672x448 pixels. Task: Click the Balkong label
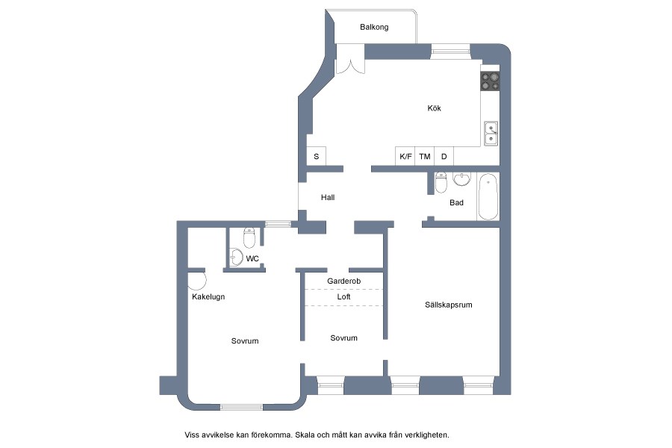click(x=374, y=27)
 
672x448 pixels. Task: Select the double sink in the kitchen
click(x=491, y=134)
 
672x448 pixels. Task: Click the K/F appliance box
click(x=405, y=157)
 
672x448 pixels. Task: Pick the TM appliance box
click(x=425, y=157)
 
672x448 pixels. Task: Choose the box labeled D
click(x=444, y=157)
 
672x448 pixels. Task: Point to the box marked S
click(x=317, y=157)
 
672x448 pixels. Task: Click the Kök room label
click(x=434, y=108)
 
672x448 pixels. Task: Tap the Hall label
click(x=328, y=197)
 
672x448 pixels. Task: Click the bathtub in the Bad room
click(x=488, y=197)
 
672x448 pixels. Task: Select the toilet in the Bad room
click(x=441, y=183)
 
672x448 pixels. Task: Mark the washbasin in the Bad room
click(x=461, y=179)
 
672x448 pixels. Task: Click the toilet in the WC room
click(x=249, y=238)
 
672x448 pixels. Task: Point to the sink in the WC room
click(x=237, y=257)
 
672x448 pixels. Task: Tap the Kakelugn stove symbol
click(x=196, y=281)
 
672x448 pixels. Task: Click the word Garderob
click(x=343, y=281)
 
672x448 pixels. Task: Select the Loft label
click(x=343, y=296)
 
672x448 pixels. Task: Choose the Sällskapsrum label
click(x=449, y=305)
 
